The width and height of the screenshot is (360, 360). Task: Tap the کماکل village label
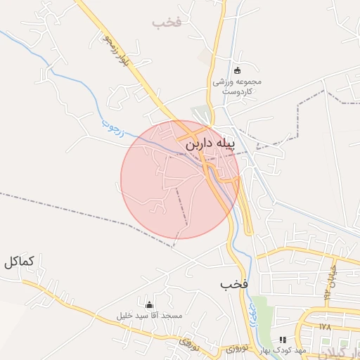pyautogui.click(x=18, y=262)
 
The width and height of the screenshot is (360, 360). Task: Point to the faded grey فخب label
pyautogui.click(x=167, y=22)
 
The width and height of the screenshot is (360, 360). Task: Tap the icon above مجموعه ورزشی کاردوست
pyautogui.click(x=237, y=70)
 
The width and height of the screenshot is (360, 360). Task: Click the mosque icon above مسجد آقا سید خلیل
pyautogui.click(x=149, y=304)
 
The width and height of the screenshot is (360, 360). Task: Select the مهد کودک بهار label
pyautogui.click(x=283, y=350)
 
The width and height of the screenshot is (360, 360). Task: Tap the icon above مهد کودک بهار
pyautogui.click(x=283, y=340)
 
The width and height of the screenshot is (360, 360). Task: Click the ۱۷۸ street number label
pyautogui.click(x=324, y=327)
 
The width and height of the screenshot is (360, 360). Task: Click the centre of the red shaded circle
pyautogui.click(x=180, y=179)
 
